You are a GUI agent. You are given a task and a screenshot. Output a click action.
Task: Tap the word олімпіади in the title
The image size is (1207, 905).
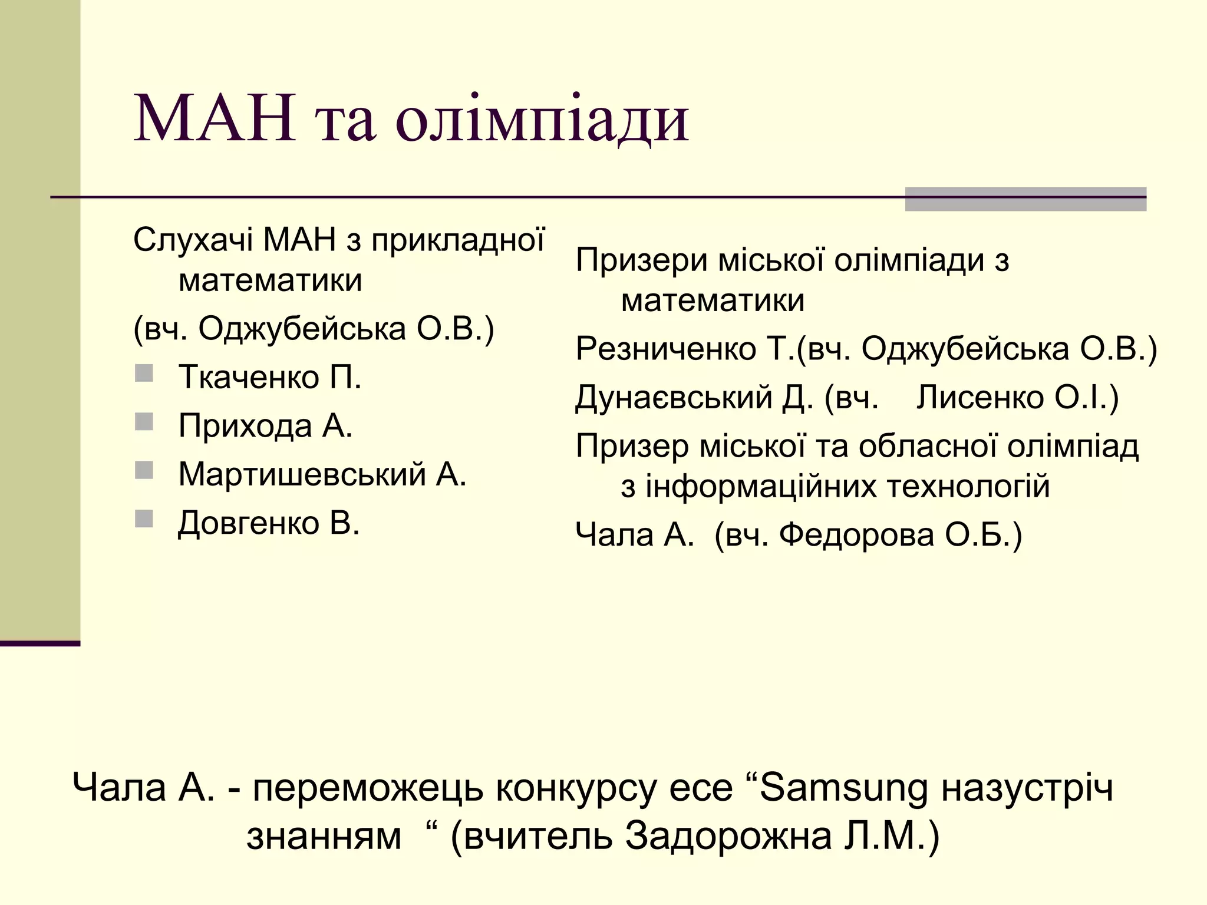point(542,121)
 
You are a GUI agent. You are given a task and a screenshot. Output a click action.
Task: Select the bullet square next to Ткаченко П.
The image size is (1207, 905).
point(144,374)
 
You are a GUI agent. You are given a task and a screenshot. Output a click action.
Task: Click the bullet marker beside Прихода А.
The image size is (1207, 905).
point(144,422)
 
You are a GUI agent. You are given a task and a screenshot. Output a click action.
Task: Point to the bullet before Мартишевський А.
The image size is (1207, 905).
point(144,470)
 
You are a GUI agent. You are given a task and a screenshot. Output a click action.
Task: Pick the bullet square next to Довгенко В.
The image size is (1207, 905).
point(144,519)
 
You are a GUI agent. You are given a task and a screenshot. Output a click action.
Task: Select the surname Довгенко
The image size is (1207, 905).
point(248,523)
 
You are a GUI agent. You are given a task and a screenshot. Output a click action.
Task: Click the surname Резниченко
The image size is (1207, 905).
point(666,349)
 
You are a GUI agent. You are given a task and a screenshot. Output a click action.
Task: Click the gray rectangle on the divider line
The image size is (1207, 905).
point(1025,199)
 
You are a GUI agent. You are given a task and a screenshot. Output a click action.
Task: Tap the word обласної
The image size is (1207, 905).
point(928,447)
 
